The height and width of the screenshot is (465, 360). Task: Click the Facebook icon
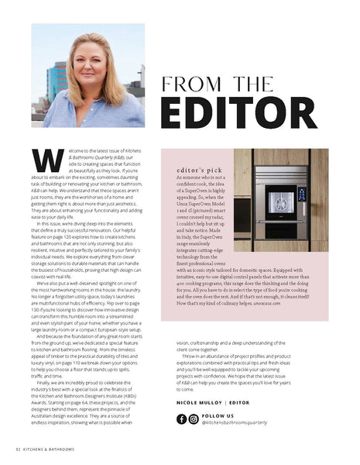pyautogui.click(x=182, y=419)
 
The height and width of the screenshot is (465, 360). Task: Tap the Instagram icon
pyautogui.click(x=194, y=419)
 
